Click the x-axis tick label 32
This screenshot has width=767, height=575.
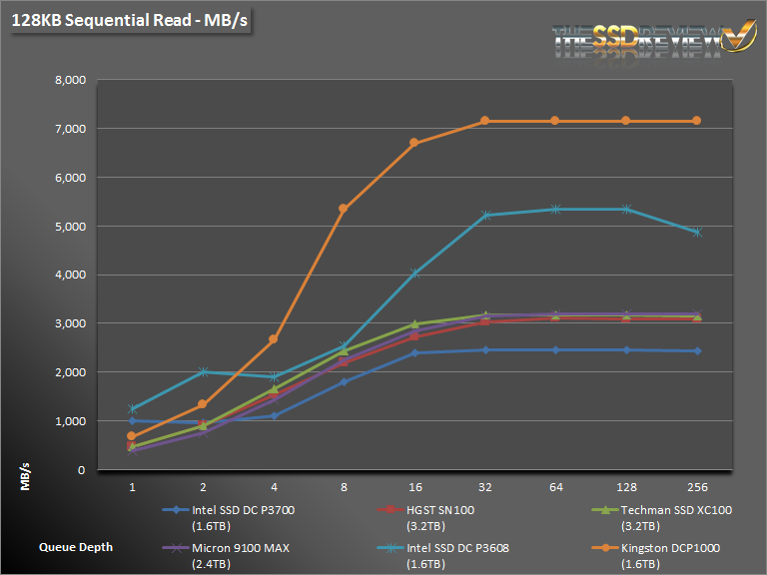tap(485, 488)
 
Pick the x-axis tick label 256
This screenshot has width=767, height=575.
tap(696, 488)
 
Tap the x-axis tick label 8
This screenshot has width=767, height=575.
tap(344, 488)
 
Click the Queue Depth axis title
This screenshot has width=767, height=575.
tap(76, 547)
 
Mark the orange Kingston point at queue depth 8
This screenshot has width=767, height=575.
tap(344, 209)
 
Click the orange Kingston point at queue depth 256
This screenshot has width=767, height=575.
tap(696, 121)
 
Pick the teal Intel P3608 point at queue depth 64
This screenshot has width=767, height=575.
tap(555, 209)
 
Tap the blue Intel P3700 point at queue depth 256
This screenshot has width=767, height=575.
tap(696, 351)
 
